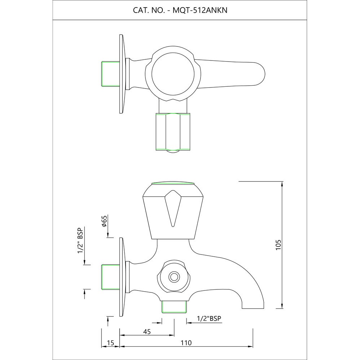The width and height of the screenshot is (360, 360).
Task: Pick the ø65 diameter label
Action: tap(104, 221)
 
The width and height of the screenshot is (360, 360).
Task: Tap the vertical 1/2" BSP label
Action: tap(80, 240)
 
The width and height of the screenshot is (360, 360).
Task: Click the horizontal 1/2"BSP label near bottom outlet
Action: tap(209, 318)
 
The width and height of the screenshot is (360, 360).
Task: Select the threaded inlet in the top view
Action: tap(110, 74)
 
